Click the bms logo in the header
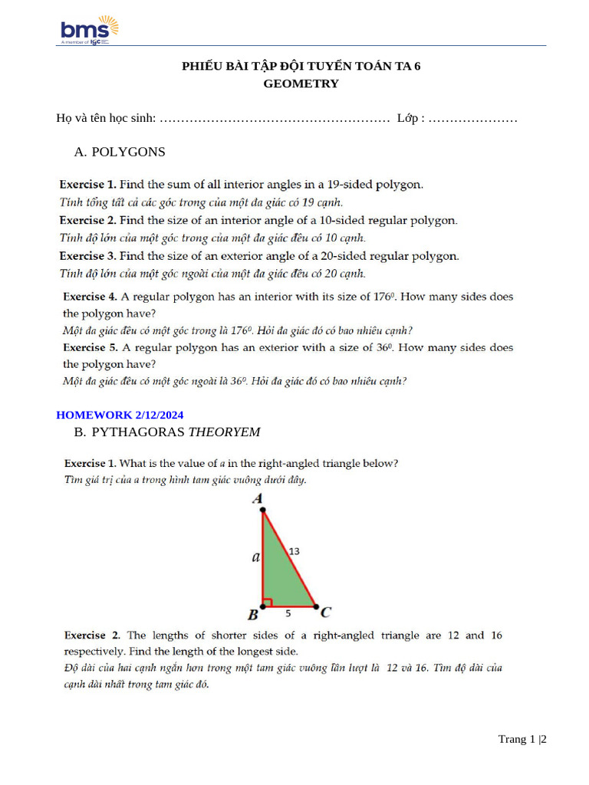(x=89, y=30)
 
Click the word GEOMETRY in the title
(x=301, y=84)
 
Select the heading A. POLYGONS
(x=120, y=152)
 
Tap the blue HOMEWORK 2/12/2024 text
(x=120, y=415)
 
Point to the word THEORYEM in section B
(x=224, y=432)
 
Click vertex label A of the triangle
(x=258, y=500)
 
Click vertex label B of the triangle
(x=252, y=614)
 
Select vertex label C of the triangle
(x=325, y=612)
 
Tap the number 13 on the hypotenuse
(x=294, y=551)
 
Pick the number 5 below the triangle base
(x=288, y=613)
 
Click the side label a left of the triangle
(x=255, y=557)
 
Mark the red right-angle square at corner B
(x=267, y=602)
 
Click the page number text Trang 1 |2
(x=522, y=739)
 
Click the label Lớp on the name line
(x=408, y=119)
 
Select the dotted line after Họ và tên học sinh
(x=276, y=120)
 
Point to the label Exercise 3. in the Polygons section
(x=88, y=256)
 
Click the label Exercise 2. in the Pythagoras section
(x=93, y=636)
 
